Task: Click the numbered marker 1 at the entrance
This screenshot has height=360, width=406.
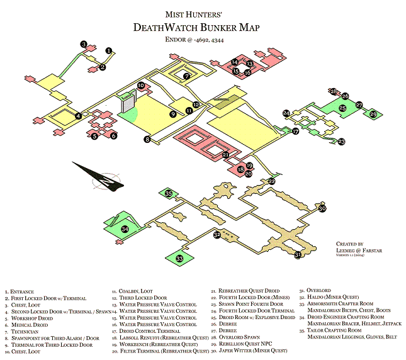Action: click(x=108, y=50)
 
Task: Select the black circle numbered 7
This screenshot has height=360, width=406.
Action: click(x=186, y=76)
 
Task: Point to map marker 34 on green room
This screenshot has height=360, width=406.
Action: click(x=125, y=230)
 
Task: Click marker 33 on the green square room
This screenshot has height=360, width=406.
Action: click(x=179, y=258)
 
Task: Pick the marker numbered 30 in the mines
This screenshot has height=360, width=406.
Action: click(x=322, y=208)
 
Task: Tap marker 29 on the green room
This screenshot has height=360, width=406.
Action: click(x=373, y=114)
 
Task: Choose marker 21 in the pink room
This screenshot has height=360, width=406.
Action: click(x=225, y=154)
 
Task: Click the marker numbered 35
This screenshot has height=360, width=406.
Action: click(x=169, y=194)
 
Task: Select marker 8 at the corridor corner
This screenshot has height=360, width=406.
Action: click(x=147, y=139)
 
